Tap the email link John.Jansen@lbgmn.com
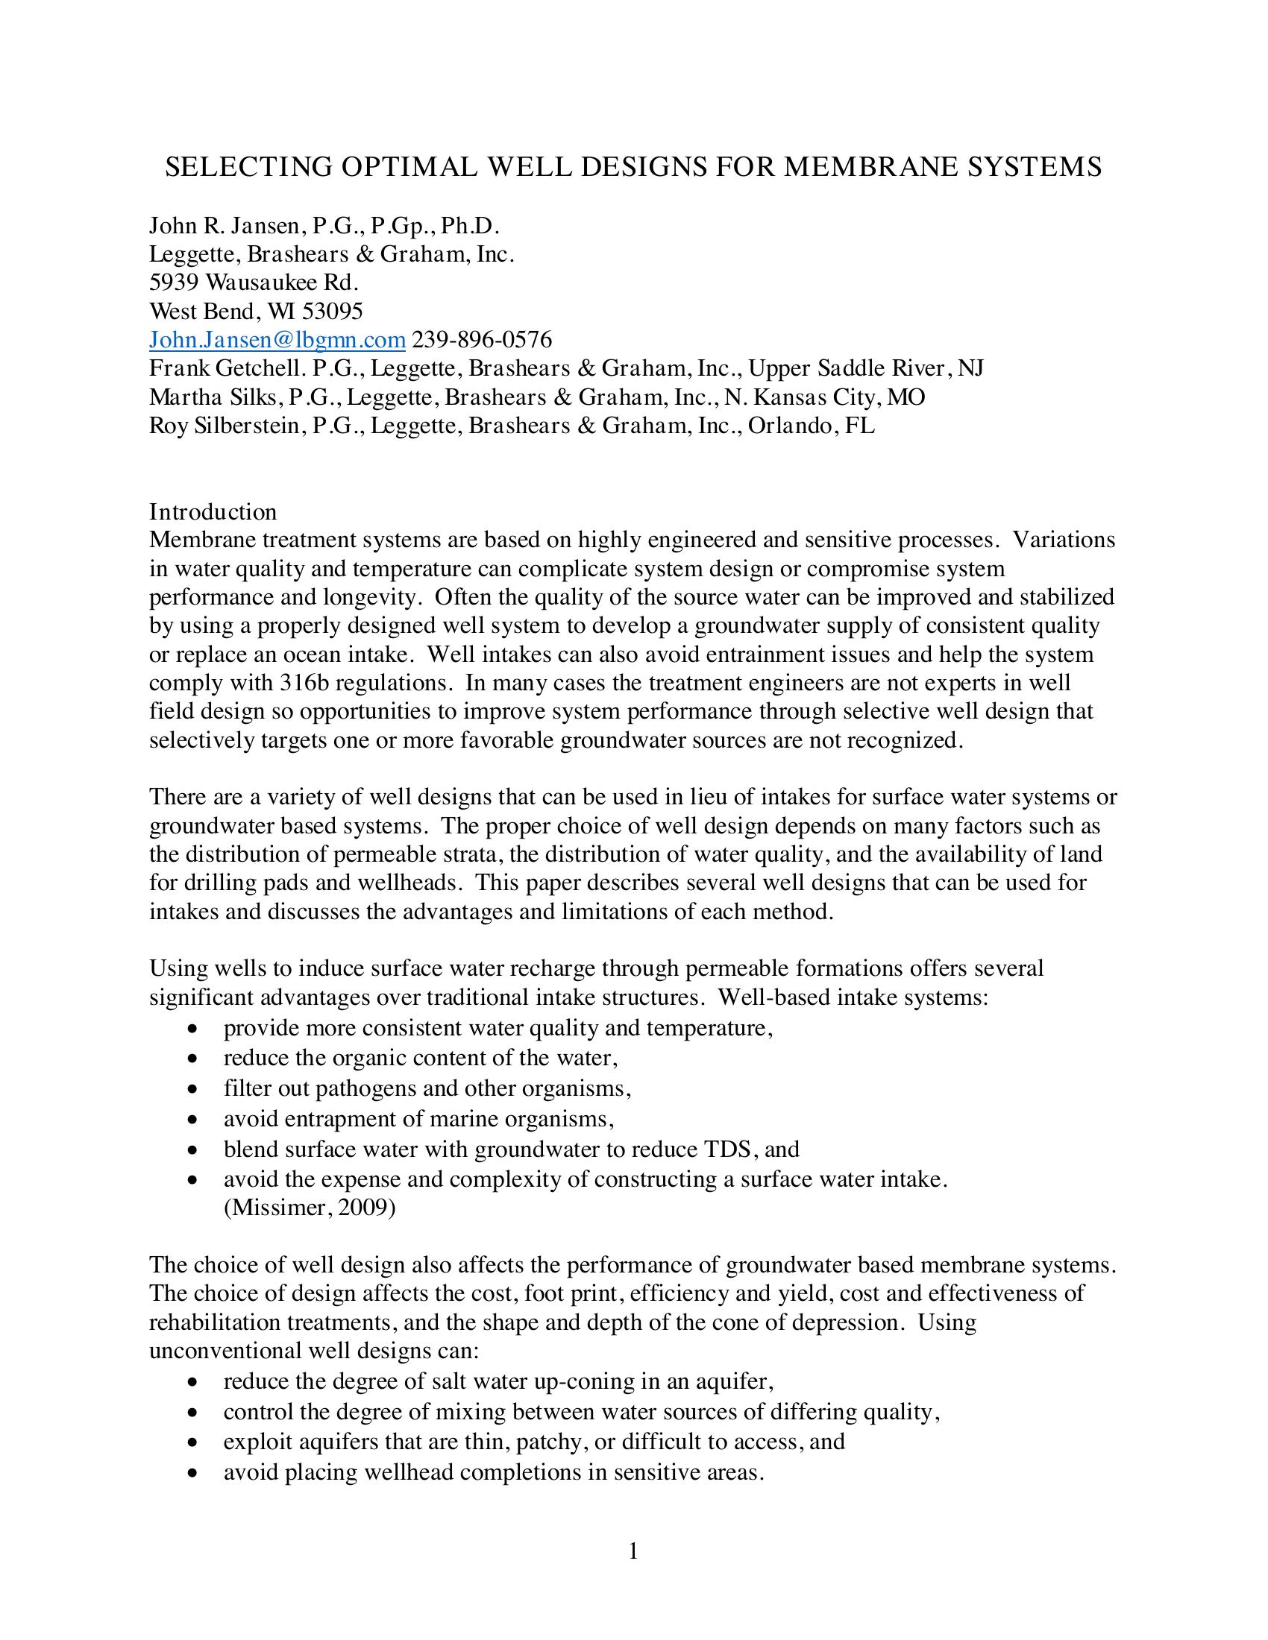(x=277, y=340)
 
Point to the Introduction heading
(x=213, y=511)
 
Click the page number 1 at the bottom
(x=633, y=1551)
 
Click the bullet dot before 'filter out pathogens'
(x=194, y=1089)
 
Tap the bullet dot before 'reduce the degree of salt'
(x=194, y=1381)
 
